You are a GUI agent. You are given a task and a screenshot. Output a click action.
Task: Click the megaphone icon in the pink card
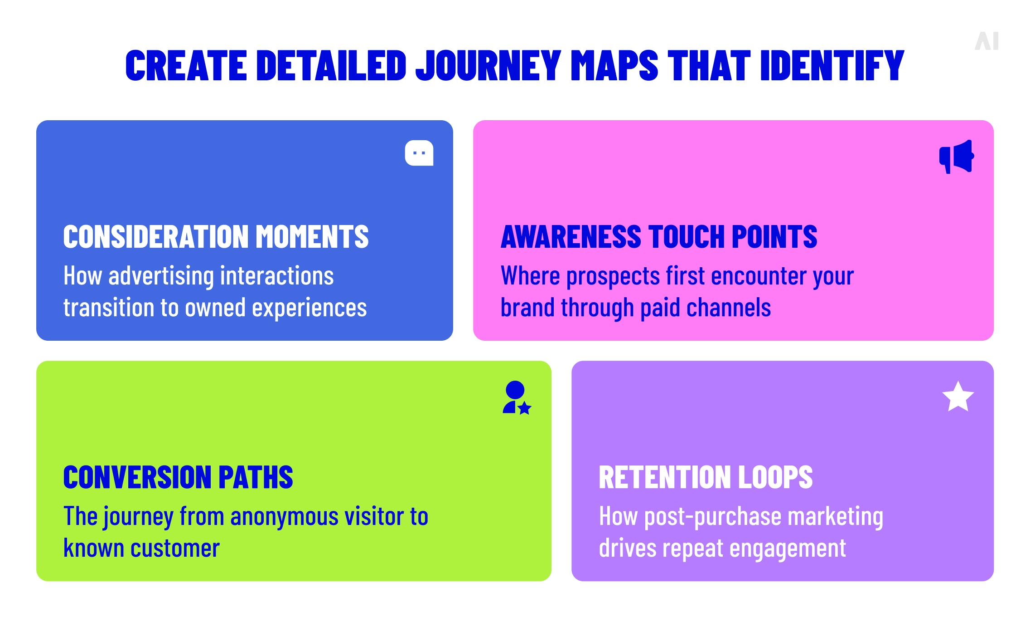click(957, 157)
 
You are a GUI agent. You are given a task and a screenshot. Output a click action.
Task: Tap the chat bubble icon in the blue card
click(419, 153)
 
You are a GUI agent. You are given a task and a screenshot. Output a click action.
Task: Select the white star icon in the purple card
click(958, 397)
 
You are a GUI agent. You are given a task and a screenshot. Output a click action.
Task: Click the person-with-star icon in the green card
click(516, 398)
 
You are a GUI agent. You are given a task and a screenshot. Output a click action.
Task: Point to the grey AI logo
click(986, 41)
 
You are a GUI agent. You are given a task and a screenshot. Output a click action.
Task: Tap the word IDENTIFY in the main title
click(832, 66)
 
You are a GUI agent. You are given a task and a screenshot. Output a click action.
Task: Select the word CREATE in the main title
click(186, 66)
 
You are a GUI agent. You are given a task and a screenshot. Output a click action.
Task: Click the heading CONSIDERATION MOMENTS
click(216, 237)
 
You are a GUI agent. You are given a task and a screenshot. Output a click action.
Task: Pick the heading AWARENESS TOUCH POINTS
click(659, 237)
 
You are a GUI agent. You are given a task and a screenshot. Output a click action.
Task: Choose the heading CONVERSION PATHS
click(178, 477)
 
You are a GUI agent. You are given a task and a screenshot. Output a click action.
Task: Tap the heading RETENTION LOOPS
click(706, 477)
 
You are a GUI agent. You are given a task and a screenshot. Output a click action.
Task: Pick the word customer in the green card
click(175, 549)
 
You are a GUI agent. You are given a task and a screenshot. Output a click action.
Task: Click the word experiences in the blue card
click(309, 308)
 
